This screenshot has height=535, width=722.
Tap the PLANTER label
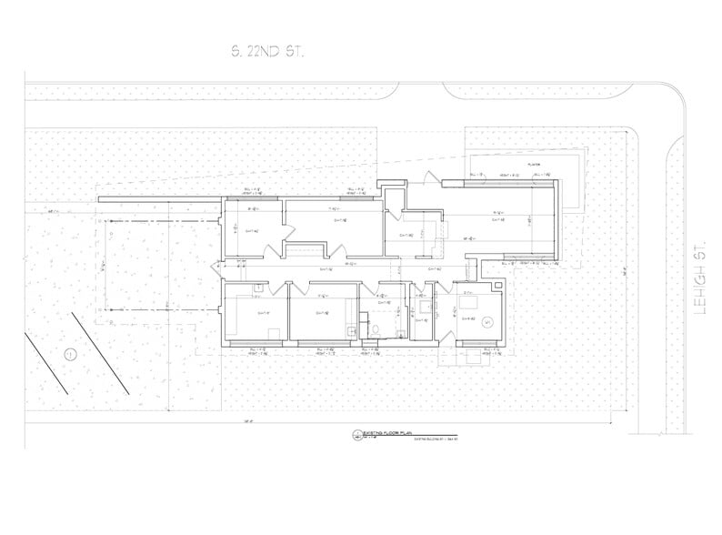click(533, 165)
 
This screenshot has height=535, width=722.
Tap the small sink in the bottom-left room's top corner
click(258, 287)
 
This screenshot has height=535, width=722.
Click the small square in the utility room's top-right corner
click(498, 288)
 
